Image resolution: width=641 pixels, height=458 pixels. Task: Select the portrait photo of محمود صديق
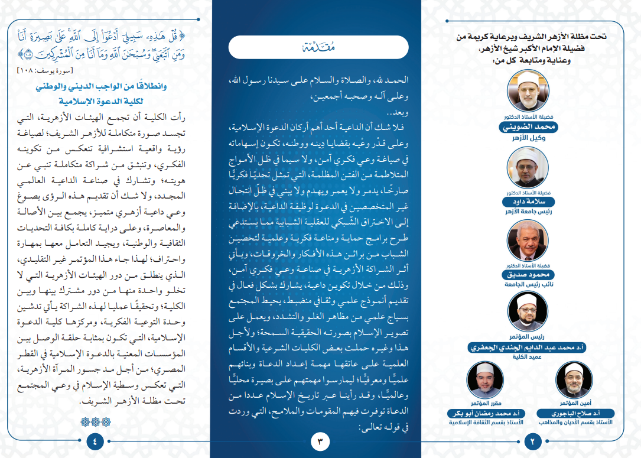coord(528,241)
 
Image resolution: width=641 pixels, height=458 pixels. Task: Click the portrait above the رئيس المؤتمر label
coord(528,311)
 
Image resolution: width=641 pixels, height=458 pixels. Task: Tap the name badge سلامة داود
coord(528,202)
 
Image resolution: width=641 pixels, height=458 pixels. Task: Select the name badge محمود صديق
coord(528,275)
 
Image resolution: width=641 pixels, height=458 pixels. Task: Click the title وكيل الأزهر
coord(528,138)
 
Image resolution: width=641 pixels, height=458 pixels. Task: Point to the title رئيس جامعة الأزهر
coord(528,212)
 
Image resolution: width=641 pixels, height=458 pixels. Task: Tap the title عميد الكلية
coord(528,358)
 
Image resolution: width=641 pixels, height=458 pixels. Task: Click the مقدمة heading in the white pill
coord(318,47)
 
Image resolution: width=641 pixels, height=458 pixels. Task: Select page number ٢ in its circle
coord(533,440)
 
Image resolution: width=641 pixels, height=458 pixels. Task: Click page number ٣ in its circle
coord(319,440)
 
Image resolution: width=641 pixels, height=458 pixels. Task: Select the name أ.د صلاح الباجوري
coord(574,413)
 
